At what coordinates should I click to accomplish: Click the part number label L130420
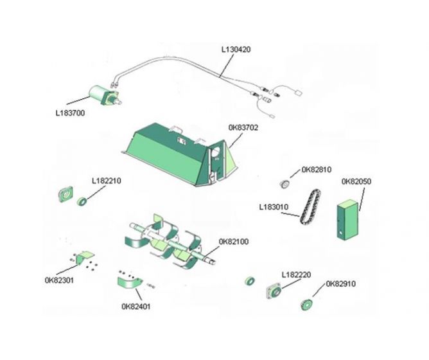tap(236, 48)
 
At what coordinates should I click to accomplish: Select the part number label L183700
tap(70, 113)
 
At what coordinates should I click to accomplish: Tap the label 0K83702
tap(243, 127)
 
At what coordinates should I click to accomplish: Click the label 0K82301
tap(59, 280)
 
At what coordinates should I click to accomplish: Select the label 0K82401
tap(136, 306)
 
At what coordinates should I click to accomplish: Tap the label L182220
tap(296, 274)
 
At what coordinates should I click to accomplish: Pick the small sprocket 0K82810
tap(283, 184)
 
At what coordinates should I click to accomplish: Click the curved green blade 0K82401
tap(129, 281)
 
